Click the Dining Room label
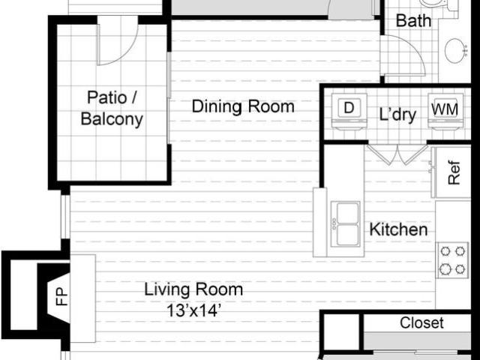point(243,106)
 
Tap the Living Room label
point(193,289)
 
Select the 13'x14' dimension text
point(193,311)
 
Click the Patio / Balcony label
point(112,108)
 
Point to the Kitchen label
point(398,229)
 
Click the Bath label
point(413,20)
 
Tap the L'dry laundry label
point(397,115)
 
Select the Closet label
point(421,323)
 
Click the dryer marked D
point(349,112)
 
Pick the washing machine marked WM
point(445,112)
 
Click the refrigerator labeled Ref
point(451,172)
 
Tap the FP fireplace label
point(61,297)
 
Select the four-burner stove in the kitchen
point(452,260)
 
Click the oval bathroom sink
point(455,51)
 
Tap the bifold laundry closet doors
point(397,154)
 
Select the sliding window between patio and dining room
point(168,97)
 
